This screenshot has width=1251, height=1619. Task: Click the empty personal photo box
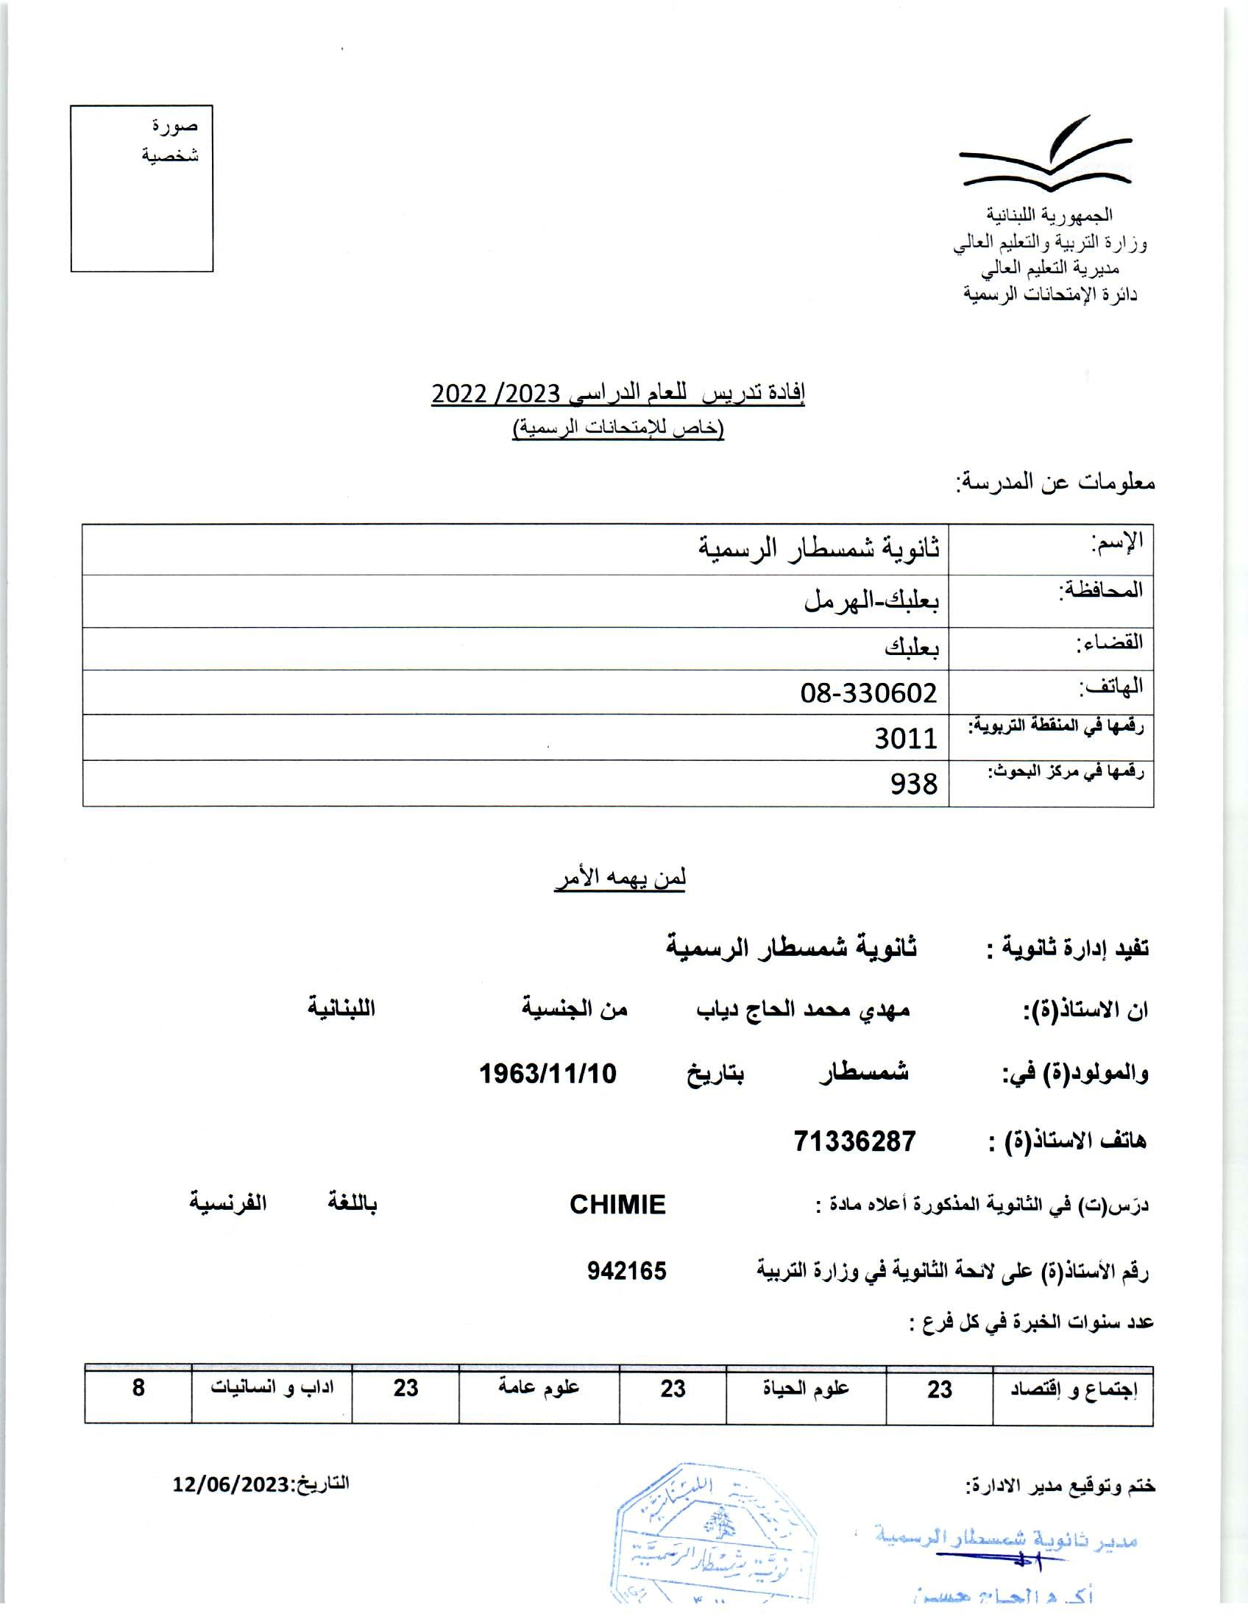point(141,189)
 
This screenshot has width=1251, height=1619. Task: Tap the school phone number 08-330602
point(868,693)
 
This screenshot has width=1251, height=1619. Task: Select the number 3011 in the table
point(906,738)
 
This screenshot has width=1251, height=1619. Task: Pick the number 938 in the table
point(914,784)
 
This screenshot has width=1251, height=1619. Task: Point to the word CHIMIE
point(617,1205)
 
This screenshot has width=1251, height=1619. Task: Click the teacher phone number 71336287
point(854,1141)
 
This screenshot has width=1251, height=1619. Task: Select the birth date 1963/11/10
point(547,1074)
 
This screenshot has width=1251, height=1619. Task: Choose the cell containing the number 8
point(138,1388)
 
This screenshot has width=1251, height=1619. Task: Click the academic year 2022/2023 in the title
point(496,394)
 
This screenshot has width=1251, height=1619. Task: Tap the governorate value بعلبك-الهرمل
point(871,601)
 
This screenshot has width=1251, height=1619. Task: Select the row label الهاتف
point(1110,687)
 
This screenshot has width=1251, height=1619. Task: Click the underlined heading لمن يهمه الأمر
point(620,879)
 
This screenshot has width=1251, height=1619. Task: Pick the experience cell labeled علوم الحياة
point(806,1389)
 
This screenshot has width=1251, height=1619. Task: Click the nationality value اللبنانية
point(341,1009)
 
